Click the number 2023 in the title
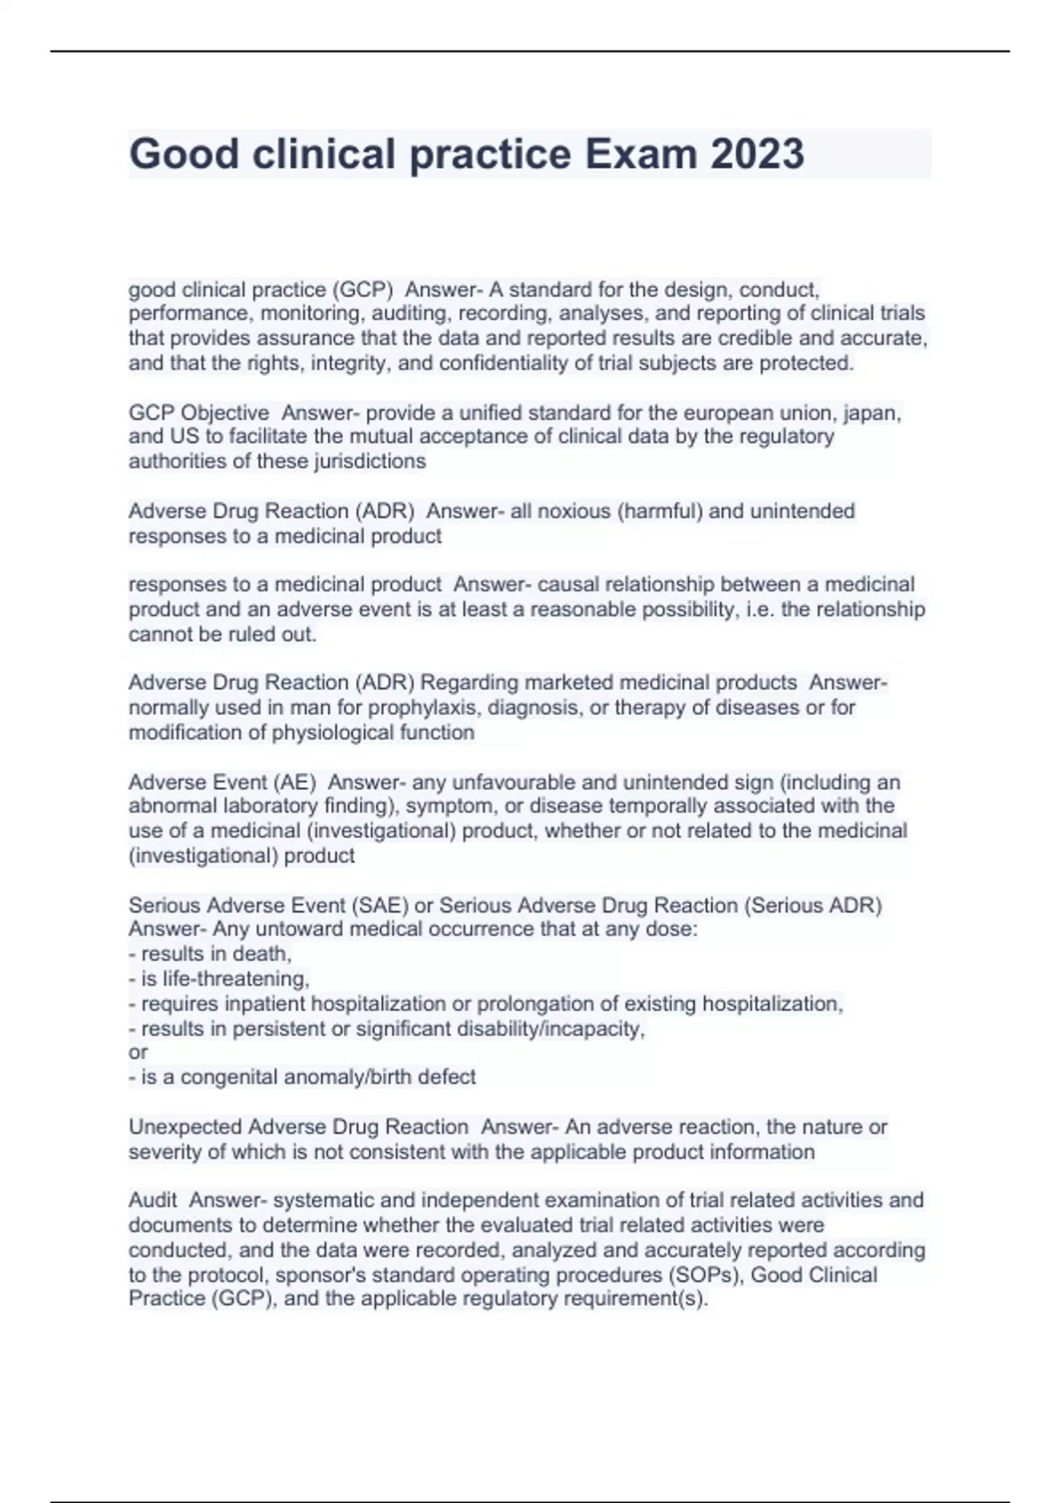pyautogui.click(x=757, y=154)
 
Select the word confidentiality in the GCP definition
pyautogui.click(x=532, y=363)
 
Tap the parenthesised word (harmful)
pyautogui.click(x=660, y=511)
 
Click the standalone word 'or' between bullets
pyautogui.click(x=138, y=1052)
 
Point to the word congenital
pyautogui.click(x=234, y=1077)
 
